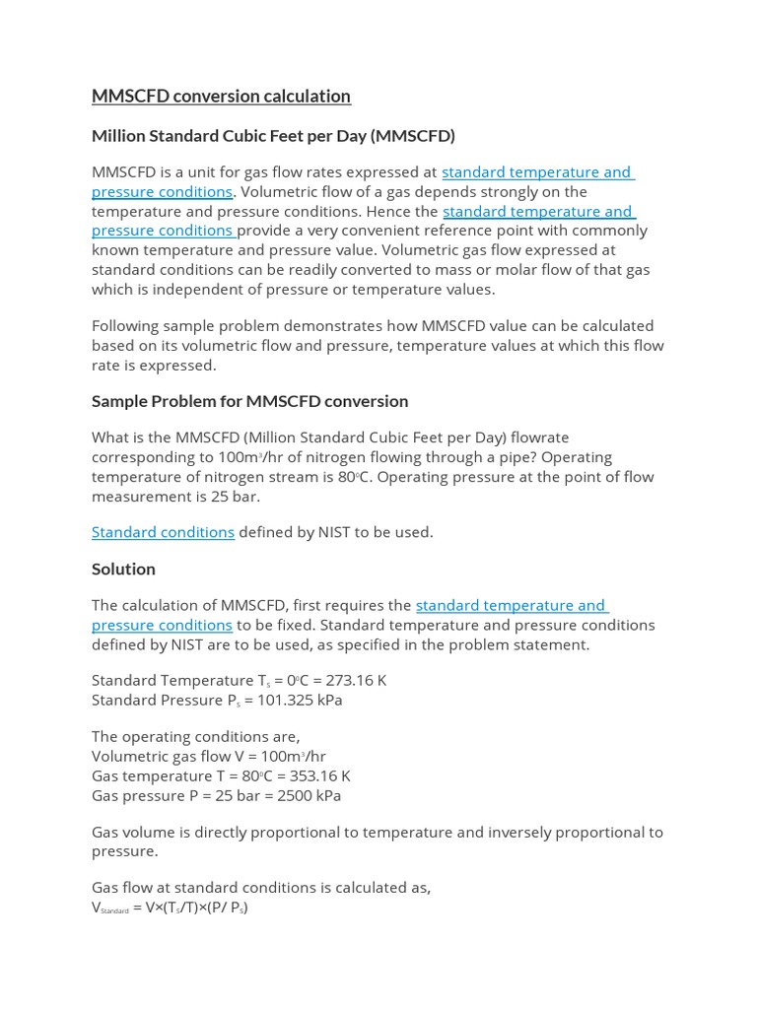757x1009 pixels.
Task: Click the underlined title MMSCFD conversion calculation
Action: coord(221,96)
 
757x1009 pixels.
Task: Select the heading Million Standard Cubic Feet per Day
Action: coord(273,135)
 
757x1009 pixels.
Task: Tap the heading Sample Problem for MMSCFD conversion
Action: coord(249,401)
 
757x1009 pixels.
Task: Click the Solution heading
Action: coord(123,569)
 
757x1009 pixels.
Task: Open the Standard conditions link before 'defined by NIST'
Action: coord(163,532)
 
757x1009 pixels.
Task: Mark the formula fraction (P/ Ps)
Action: coord(224,908)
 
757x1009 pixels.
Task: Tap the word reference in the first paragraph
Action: coord(474,231)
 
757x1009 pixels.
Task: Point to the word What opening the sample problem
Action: coord(111,437)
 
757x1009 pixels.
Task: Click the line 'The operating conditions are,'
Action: coord(195,737)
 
